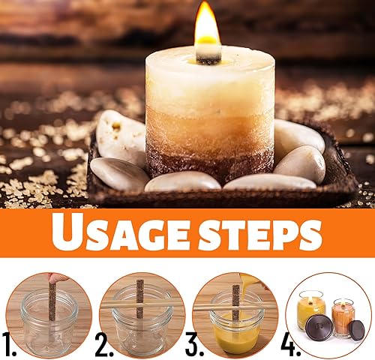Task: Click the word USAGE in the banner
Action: click(120, 232)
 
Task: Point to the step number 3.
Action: click(194, 344)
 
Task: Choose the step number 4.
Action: click(291, 344)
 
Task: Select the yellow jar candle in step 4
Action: click(310, 310)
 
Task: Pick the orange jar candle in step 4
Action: click(343, 317)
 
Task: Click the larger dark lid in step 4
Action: click(319, 327)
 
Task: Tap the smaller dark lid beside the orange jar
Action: click(357, 331)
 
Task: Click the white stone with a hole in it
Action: click(120, 136)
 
